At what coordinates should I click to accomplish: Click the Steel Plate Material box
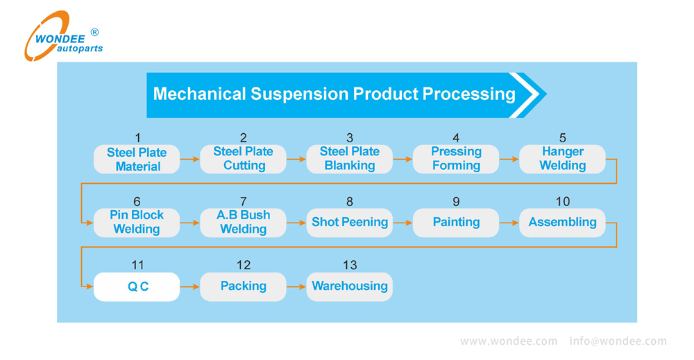tap(137, 160)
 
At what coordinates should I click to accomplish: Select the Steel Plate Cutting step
tap(243, 159)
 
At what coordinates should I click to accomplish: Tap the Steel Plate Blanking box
tap(349, 159)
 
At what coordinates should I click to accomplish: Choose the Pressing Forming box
tap(456, 159)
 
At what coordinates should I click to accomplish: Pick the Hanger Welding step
tap(562, 159)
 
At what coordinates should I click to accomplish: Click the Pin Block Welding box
tap(137, 223)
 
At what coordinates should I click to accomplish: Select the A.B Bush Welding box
tap(243, 223)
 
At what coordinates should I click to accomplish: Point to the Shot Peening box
tap(349, 223)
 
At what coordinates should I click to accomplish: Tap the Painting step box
tap(456, 223)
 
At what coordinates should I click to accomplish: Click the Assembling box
tap(562, 223)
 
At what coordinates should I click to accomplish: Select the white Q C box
tap(137, 286)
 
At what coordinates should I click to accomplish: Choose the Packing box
tap(243, 286)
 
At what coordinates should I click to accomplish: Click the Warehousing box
tap(349, 286)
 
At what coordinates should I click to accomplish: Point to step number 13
tap(350, 265)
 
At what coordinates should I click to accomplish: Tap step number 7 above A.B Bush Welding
tap(243, 202)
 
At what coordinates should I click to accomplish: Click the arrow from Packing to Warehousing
tap(296, 286)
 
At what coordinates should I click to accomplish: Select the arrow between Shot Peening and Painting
tap(403, 223)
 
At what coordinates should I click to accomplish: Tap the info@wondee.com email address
tap(618, 341)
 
